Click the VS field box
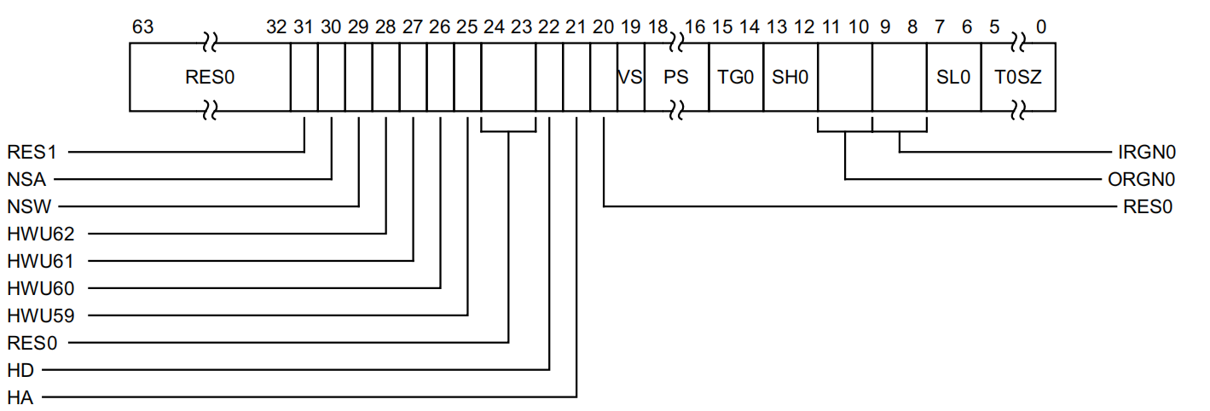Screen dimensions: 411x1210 (x=630, y=78)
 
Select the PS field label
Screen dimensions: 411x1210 (x=676, y=78)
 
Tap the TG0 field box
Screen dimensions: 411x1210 (x=735, y=78)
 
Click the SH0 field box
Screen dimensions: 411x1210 (x=790, y=78)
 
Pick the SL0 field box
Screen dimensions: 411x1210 (x=953, y=78)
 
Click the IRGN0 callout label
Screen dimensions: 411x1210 (x=1147, y=153)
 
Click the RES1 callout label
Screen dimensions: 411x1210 (x=32, y=153)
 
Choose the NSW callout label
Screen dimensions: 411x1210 (x=27, y=207)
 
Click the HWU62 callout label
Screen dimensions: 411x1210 (x=40, y=234)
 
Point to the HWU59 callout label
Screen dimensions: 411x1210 (x=40, y=315)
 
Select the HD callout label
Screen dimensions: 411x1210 (x=20, y=370)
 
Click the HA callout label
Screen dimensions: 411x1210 (x=20, y=397)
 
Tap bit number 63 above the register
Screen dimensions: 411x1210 (x=143, y=27)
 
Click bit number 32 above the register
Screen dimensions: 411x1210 (x=276, y=27)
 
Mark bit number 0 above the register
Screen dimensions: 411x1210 (x=1041, y=27)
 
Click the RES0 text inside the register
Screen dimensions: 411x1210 (x=210, y=78)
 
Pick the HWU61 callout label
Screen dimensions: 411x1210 (x=40, y=261)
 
